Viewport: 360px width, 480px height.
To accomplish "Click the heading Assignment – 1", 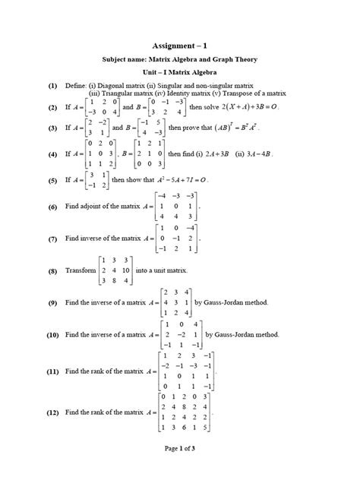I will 179,45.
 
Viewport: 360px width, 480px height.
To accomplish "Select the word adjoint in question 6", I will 94,207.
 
